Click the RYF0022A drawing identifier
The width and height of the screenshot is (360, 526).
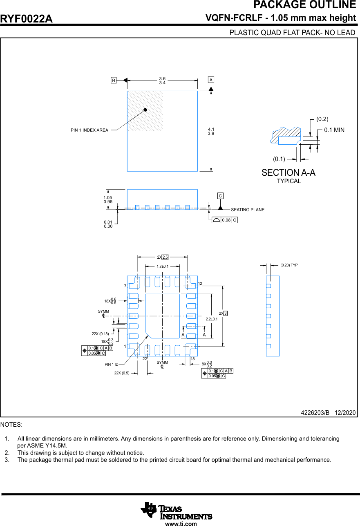tap(27, 19)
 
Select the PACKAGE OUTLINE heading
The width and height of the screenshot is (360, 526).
tap(304, 5)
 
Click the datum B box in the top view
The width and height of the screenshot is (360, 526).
tap(114, 81)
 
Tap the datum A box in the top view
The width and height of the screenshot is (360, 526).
tap(211, 79)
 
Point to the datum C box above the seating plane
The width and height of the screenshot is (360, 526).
tap(220, 196)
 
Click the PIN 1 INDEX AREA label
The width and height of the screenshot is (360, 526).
tap(89, 130)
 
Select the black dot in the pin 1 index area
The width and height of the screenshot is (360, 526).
tap(145, 110)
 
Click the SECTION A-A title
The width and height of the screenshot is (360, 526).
tap(288, 173)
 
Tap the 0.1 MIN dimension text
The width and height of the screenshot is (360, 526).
tap(334, 130)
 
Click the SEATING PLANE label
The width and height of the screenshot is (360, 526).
tap(248, 210)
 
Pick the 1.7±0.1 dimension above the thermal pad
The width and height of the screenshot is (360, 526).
tap(162, 266)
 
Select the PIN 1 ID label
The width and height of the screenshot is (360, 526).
tap(111, 364)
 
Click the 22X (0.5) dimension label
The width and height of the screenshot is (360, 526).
tap(122, 373)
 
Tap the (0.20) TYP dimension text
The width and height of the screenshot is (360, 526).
tap(289, 265)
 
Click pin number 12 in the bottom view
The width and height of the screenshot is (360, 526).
tap(200, 284)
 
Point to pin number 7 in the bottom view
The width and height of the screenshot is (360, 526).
tap(125, 286)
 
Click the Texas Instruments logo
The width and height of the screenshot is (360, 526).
tap(176, 511)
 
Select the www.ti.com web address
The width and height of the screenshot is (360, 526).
tap(181, 524)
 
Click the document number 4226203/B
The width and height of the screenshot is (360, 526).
tap(315, 413)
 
